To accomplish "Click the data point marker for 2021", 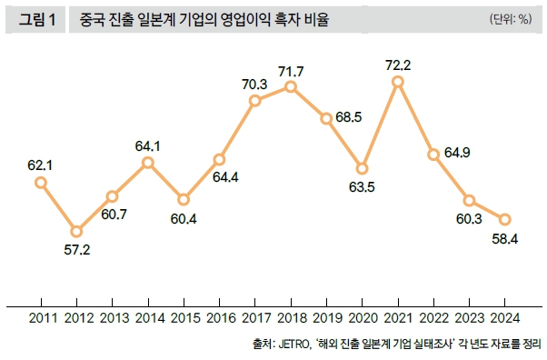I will pos(398,82).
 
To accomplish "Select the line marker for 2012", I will pos(76,231).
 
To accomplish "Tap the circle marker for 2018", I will pos(291,86).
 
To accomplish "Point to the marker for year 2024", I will pos(505,219).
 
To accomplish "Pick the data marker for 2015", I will pos(184,199).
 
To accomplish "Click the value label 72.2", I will pos(398,64).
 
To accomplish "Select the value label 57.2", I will pos(76,249).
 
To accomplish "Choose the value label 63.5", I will pos(362,187).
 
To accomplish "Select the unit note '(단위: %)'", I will pos(509,18).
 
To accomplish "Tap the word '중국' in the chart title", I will pos(93,18).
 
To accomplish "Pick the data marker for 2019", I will pos(326,119).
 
